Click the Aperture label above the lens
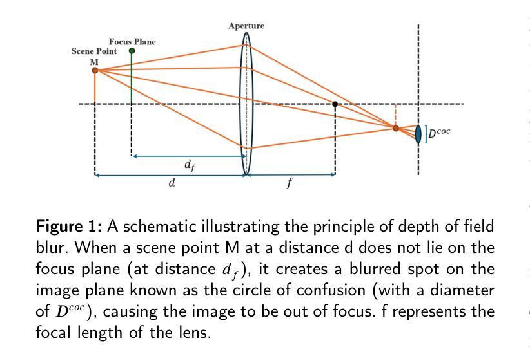246,26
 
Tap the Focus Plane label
132,42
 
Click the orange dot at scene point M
95,70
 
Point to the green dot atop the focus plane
132,51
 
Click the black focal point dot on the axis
335,104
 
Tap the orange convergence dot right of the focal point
396,128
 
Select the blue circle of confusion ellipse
418,133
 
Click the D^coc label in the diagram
440,132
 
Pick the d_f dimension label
189,165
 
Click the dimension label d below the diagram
172,183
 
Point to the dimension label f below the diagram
290,183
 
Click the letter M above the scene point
94,61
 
